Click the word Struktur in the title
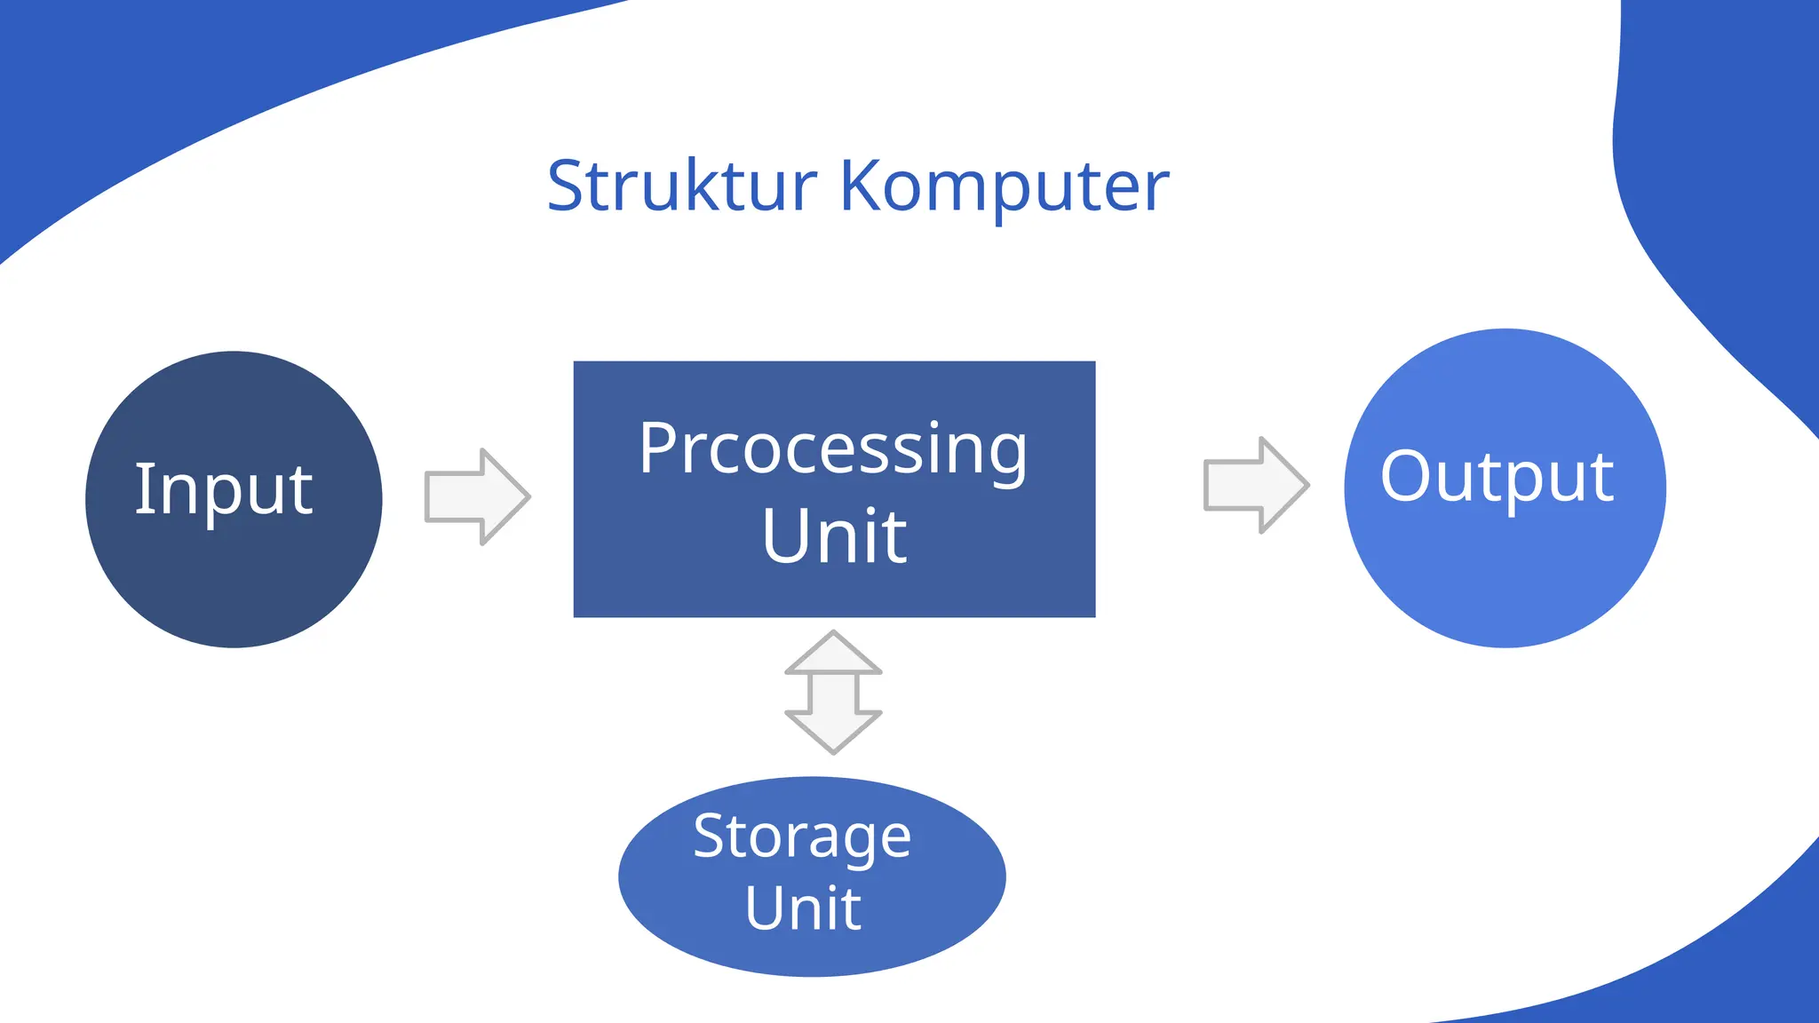[x=681, y=186]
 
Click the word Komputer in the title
[x=1005, y=186]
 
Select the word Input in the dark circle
[x=224, y=489]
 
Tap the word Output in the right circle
[x=1497, y=477]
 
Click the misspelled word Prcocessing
[x=833, y=448]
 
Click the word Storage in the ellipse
[x=802, y=837]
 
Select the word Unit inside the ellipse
[x=803, y=908]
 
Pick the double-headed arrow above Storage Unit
[x=833, y=693]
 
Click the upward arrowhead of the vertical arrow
[x=833, y=653]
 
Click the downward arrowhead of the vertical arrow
[x=833, y=733]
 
